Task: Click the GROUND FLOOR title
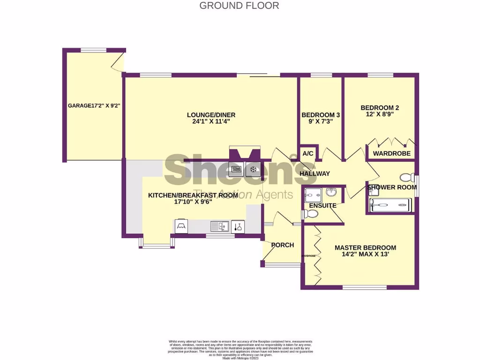[x=239, y=6]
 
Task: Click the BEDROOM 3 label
[x=321, y=115]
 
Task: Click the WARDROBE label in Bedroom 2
[x=391, y=153]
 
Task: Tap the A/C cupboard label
[x=308, y=153]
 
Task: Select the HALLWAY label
[x=315, y=173]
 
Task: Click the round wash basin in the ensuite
[x=331, y=192]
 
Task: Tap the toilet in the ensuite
[x=311, y=214]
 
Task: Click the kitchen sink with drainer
[x=219, y=227]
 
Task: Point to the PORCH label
[x=283, y=245]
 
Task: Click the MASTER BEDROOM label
[x=365, y=248]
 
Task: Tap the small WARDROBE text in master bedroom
[x=308, y=256]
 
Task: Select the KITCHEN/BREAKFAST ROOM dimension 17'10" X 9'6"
[x=180, y=202]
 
